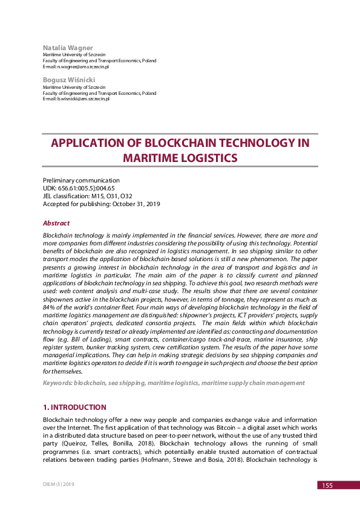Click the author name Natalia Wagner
point(68,47)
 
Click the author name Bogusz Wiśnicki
point(69,80)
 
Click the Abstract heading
point(56,223)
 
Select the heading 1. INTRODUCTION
point(74,407)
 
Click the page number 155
point(327,485)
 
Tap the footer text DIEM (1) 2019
point(59,484)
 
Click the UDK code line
point(79,188)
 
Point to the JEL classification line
point(87,196)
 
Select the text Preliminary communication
point(81,180)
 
